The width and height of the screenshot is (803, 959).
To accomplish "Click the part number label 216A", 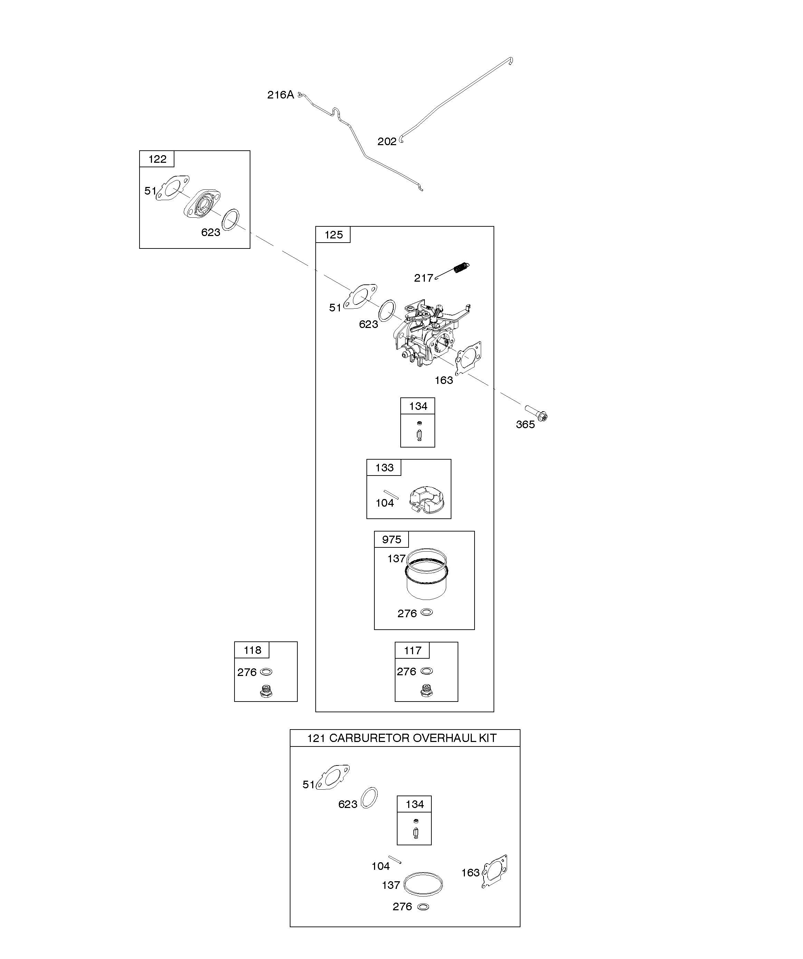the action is click(280, 95).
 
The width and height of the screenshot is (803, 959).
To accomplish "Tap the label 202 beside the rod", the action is click(387, 142).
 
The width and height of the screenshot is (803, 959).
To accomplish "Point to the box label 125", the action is click(333, 235).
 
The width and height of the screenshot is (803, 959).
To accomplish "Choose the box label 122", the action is click(157, 159).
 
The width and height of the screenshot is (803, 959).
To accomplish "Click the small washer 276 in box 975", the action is click(427, 612).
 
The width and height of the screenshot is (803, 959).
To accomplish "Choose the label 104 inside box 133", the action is click(384, 503).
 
